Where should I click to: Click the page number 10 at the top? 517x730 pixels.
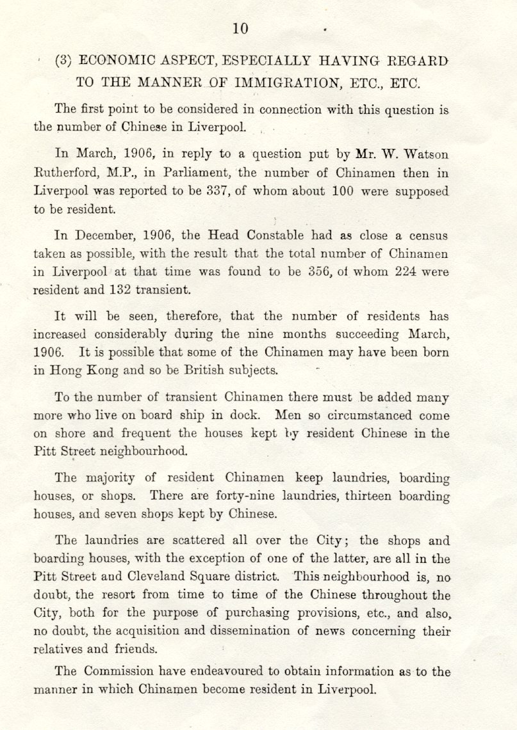(x=240, y=28)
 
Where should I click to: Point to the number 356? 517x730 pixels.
(x=317, y=271)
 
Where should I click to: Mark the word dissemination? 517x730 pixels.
(x=270, y=631)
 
